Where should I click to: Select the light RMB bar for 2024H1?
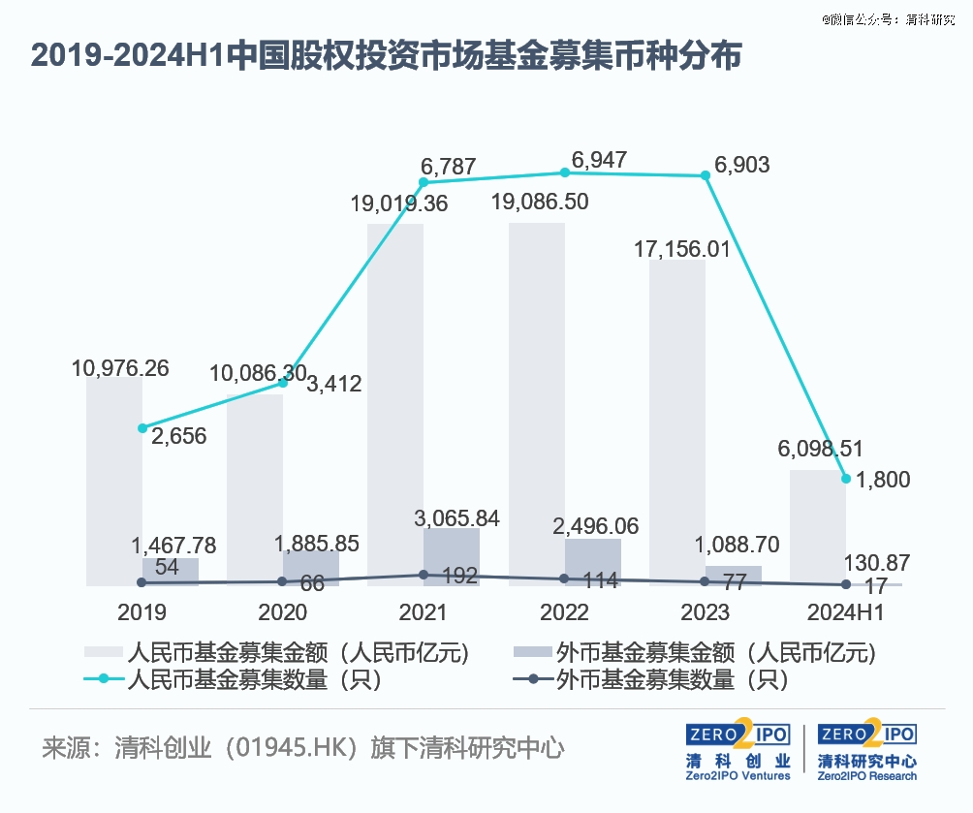(x=818, y=528)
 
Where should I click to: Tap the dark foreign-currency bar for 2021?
(x=452, y=557)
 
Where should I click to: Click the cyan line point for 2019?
(x=142, y=427)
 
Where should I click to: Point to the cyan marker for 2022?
(x=565, y=172)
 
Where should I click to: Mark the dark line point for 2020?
(x=283, y=581)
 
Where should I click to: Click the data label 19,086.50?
(x=553, y=203)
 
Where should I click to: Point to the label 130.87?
(x=876, y=562)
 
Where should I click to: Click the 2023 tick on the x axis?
(x=706, y=612)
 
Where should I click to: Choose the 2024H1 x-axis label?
(x=846, y=612)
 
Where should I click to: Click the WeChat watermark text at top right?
(x=874, y=18)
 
